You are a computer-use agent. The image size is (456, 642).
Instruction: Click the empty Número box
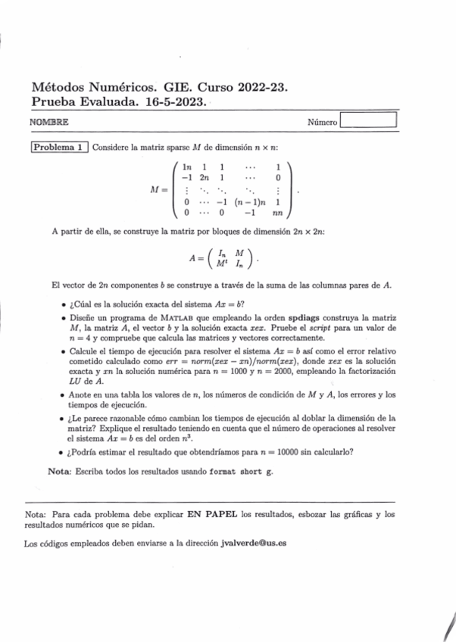[369, 120]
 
